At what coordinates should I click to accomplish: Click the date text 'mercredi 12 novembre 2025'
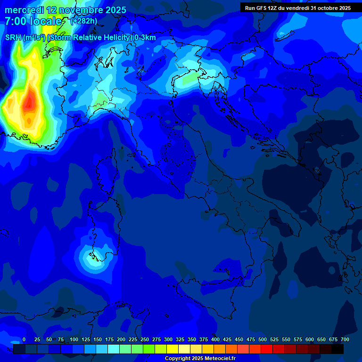(x=66, y=10)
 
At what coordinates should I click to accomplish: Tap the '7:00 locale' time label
(x=33, y=21)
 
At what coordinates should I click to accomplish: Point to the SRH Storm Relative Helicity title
(x=80, y=38)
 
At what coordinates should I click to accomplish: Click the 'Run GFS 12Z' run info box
(x=297, y=8)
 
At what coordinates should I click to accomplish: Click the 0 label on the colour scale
(x=24, y=340)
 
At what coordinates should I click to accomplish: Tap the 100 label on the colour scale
(x=74, y=340)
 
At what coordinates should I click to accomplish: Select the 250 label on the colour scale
(x=145, y=340)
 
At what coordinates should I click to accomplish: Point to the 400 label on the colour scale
(x=215, y=340)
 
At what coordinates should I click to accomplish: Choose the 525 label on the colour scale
(x=274, y=340)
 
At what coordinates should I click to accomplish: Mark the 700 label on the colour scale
(x=345, y=340)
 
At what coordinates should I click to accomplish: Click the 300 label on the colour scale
(x=168, y=340)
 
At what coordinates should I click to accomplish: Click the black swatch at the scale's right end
(x=337, y=349)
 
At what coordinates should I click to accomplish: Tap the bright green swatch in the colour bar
(x=149, y=349)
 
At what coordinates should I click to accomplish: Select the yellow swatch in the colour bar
(x=173, y=349)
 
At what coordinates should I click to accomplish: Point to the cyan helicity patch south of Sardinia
(x=91, y=258)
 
